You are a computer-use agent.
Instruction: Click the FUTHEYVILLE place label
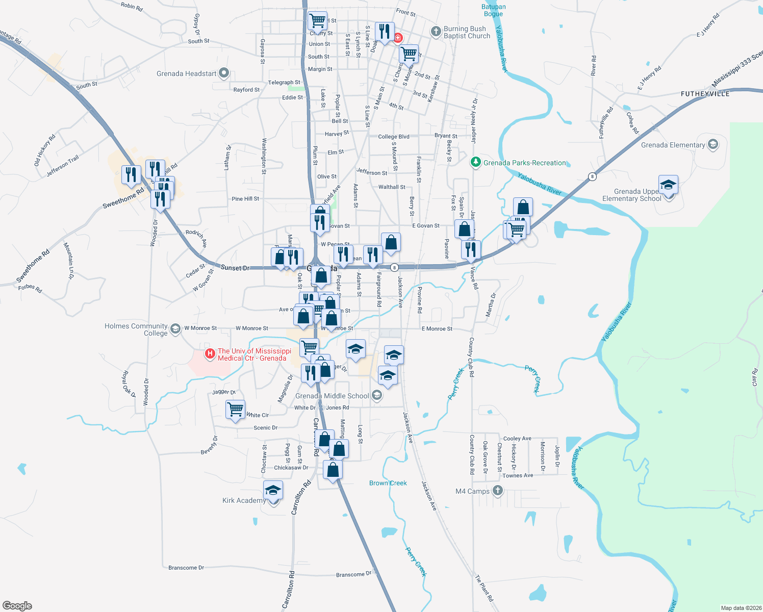click(x=705, y=94)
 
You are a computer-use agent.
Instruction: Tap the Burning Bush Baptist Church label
click(x=467, y=32)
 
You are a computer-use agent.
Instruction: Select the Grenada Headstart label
click(x=187, y=73)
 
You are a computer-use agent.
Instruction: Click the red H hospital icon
click(x=209, y=353)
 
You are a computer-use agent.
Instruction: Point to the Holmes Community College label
click(x=136, y=329)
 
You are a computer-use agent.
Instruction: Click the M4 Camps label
click(x=472, y=491)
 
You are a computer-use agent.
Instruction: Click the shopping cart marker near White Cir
click(x=235, y=410)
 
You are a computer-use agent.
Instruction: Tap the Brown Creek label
click(x=388, y=483)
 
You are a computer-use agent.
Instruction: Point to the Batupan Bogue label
click(x=494, y=10)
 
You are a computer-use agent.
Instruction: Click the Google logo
click(x=17, y=606)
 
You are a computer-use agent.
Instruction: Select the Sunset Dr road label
click(x=235, y=268)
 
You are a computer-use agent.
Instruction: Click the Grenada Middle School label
click(x=332, y=396)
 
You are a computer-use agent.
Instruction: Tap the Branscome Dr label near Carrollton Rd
click(x=186, y=568)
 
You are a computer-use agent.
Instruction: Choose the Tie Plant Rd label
click(x=485, y=588)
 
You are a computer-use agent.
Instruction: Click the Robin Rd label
click(x=132, y=6)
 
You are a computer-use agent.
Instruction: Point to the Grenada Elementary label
click(x=673, y=145)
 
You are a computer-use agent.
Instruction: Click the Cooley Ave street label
click(x=517, y=439)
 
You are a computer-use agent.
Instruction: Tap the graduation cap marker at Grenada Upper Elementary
click(x=668, y=186)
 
